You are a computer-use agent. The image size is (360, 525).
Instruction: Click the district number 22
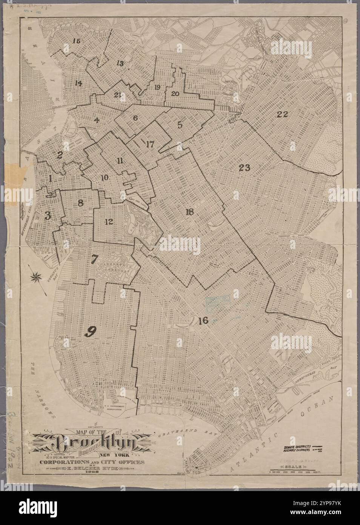click(282, 114)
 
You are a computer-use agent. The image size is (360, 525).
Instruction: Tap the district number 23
click(244, 168)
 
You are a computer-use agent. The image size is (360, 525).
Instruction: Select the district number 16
click(203, 321)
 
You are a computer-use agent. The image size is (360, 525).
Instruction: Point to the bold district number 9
click(91, 331)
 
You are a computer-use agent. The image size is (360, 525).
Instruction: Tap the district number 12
click(109, 221)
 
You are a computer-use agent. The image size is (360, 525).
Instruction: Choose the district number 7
click(94, 259)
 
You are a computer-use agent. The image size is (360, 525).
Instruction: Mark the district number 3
click(47, 216)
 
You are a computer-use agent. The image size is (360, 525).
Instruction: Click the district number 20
click(175, 94)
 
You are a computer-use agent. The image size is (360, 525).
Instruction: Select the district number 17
click(150, 144)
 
